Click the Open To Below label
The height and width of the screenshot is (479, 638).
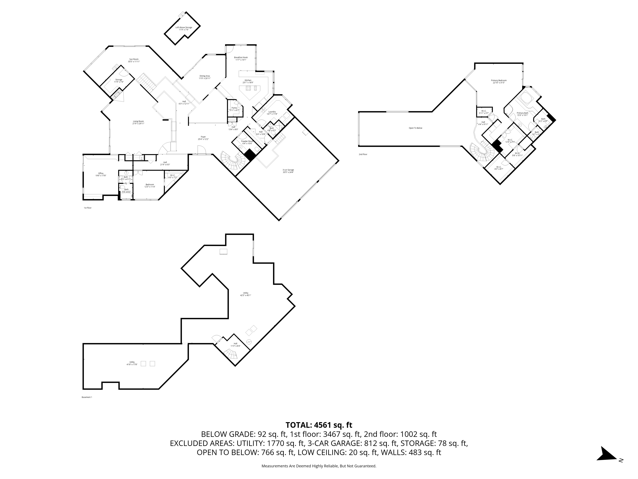click(415, 128)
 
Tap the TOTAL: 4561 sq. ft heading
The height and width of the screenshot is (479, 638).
click(319, 425)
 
